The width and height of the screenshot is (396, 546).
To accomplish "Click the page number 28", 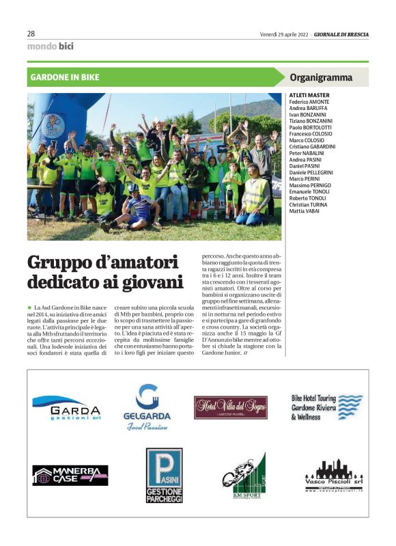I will tap(31, 33).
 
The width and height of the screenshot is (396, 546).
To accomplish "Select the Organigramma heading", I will tap(321, 77).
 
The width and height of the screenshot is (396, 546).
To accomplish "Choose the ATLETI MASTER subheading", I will tap(309, 95).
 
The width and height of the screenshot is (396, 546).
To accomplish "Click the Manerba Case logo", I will tap(70, 475).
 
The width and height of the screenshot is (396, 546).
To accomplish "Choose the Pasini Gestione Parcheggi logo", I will tap(164, 476).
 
